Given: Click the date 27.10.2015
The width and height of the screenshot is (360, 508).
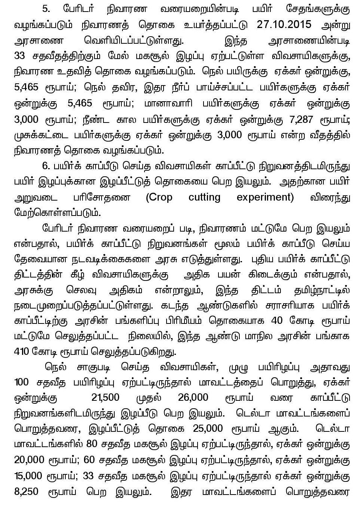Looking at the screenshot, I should (x=284, y=25).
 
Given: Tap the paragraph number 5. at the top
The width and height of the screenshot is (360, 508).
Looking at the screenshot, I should (x=46, y=9).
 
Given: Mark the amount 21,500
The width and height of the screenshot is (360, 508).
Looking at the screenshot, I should (x=105, y=397).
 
